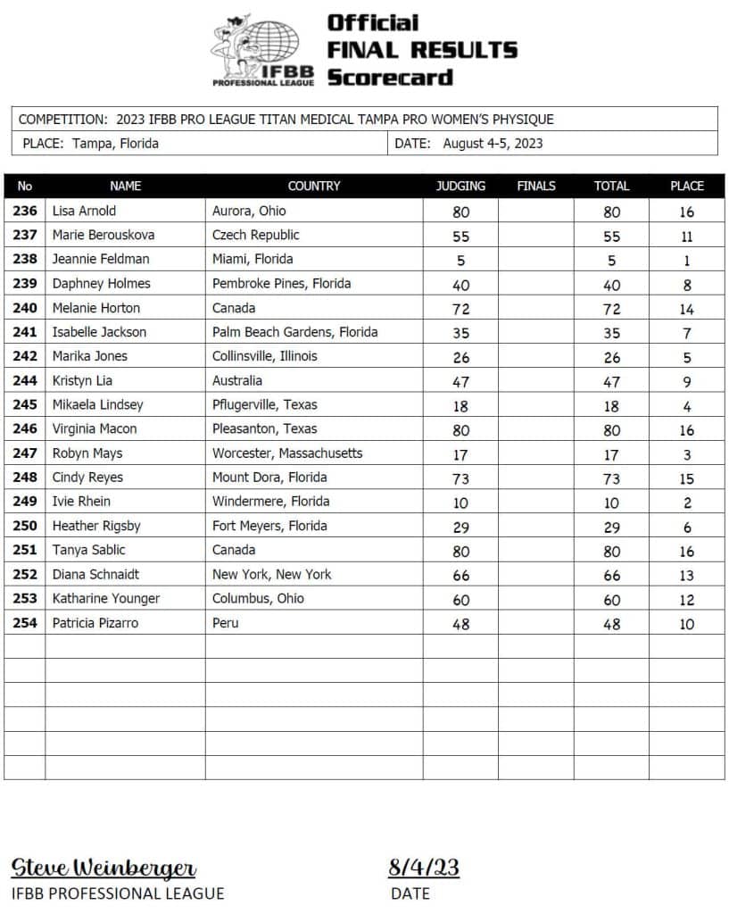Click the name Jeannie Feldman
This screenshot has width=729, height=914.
(x=101, y=260)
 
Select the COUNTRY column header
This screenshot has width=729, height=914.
(x=314, y=187)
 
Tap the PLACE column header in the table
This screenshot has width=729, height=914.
(x=686, y=187)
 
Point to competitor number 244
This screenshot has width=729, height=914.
(x=25, y=380)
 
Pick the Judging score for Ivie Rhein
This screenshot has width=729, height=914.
(x=460, y=502)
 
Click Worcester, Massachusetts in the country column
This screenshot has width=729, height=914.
(x=287, y=453)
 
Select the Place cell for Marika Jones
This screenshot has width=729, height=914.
(x=686, y=357)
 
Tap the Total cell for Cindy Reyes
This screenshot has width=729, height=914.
(x=611, y=478)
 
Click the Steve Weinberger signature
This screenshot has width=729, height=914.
(x=104, y=867)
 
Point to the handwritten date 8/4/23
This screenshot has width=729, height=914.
(x=423, y=867)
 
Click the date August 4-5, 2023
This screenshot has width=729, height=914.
(x=493, y=143)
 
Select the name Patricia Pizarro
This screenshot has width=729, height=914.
(x=95, y=623)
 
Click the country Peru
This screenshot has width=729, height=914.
(x=226, y=623)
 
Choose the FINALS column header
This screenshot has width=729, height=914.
(x=535, y=187)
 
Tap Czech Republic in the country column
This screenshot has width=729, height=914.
(x=256, y=236)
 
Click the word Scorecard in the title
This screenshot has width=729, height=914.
(x=389, y=77)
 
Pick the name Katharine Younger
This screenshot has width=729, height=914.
(x=106, y=599)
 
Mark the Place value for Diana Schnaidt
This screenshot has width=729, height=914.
(x=686, y=576)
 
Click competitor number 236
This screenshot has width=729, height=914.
(x=25, y=212)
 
